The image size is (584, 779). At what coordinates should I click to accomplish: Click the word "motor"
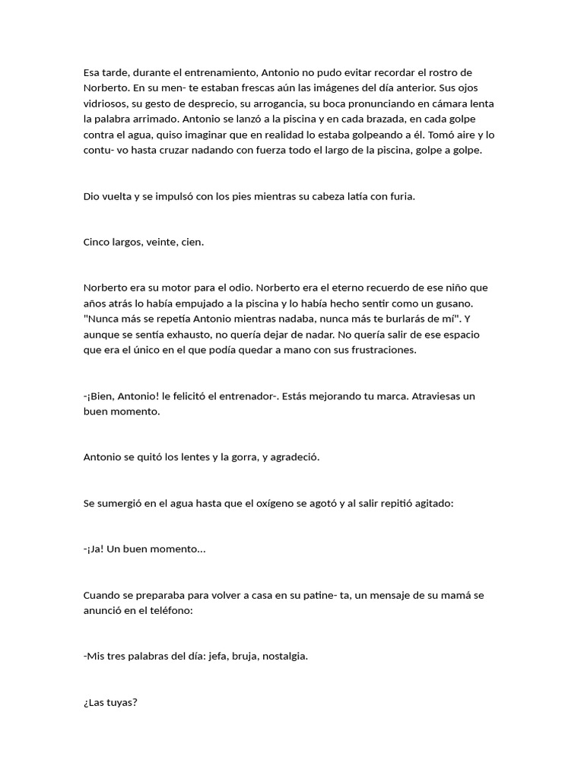pyautogui.click(x=169, y=288)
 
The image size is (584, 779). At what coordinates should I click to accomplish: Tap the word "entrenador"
pyautogui.click(x=244, y=396)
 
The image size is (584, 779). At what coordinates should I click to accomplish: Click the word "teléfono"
pyautogui.click(x=170, y=610)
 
